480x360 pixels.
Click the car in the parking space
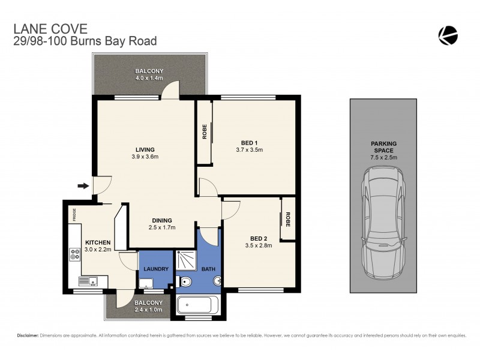point(383,222)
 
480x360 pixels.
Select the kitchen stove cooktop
point(75,254)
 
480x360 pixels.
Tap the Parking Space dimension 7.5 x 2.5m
point(383,157)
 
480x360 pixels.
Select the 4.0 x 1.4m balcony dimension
point(149,79)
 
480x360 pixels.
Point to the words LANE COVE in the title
point(41,28)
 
